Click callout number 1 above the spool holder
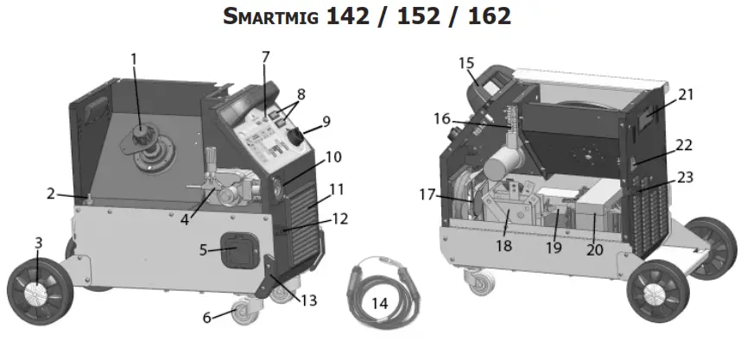[134, 59]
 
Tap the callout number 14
[380, 303]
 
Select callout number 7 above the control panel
[265, 57]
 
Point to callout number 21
[685, 94]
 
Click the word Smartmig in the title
[269, 16]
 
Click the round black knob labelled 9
[295, 136]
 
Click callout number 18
[503, 245]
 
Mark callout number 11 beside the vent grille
[337, 188]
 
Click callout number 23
[684, 178]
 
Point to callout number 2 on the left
[51, 193]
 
